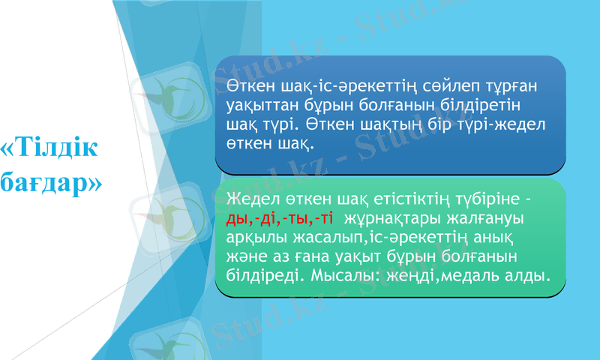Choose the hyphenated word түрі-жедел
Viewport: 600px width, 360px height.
point(518,121)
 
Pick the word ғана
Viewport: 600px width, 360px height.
point(319,258)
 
